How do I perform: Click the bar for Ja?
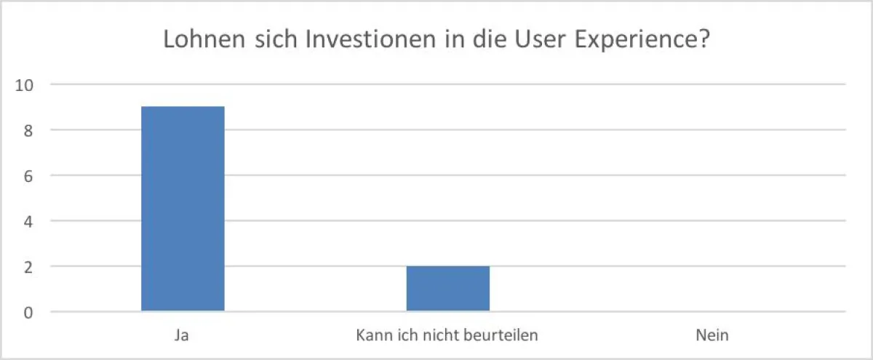click(183, 209)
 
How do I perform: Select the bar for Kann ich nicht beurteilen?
click(448, 289)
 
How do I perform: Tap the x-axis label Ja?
click(182, 336)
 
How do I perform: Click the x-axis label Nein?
click(711, 336)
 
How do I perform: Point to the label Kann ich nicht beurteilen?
click(447, 336)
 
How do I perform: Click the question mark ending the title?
click(705, 40)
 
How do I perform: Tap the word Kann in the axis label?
click(371, 336)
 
